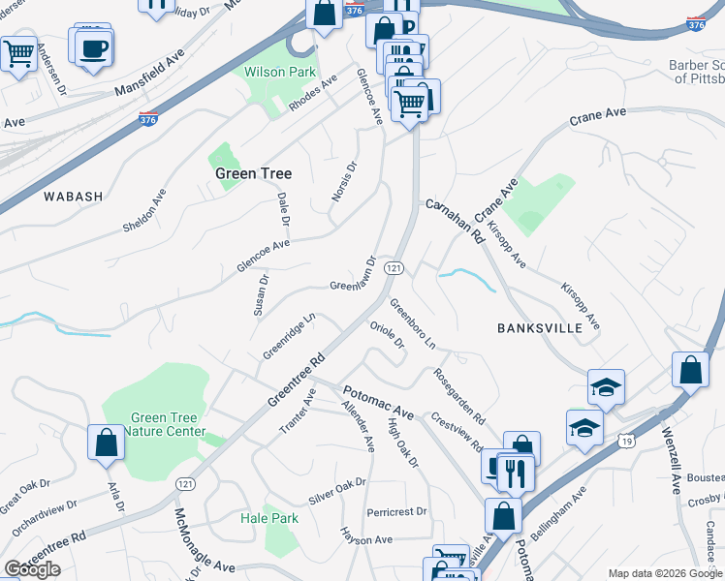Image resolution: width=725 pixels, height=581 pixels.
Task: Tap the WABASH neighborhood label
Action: [73, 197]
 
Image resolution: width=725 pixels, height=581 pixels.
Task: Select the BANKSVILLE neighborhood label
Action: [539, 328]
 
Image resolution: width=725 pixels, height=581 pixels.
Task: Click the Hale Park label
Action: [269, 518]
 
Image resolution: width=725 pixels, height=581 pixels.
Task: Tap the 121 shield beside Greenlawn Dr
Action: [394, 267]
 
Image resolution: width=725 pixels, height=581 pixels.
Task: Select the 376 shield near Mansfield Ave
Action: [147, 120]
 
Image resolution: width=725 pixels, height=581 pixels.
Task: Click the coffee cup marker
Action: [94, 49]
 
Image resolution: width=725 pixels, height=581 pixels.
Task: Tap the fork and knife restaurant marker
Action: [515, 473]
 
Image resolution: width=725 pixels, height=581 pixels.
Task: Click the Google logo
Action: [32, 569]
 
